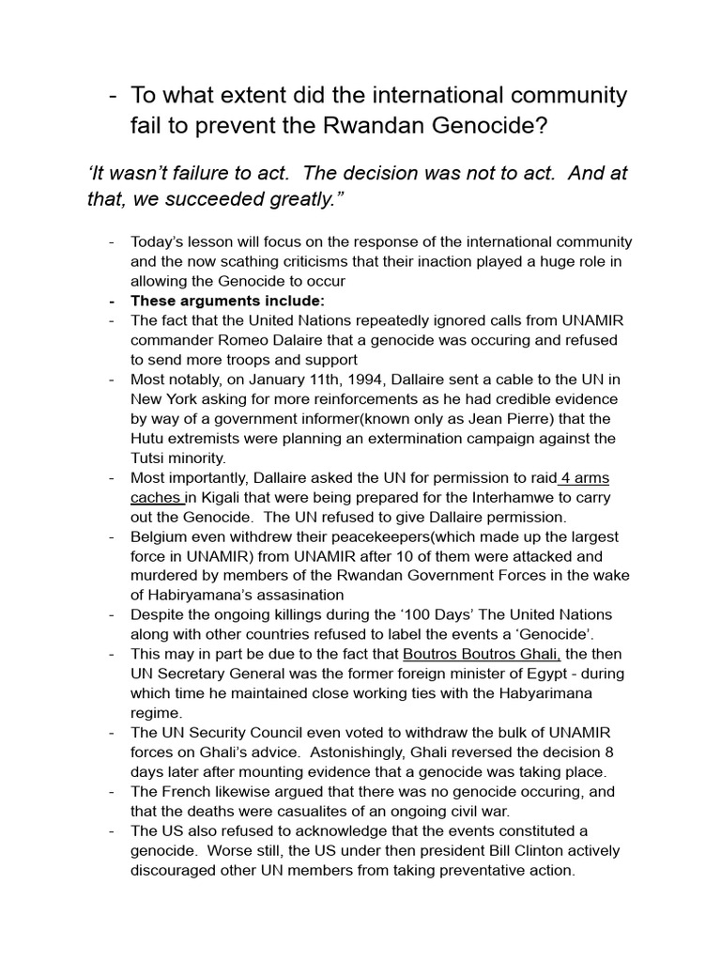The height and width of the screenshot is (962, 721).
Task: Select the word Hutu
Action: point(147,438)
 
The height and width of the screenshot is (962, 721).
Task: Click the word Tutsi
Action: point(150,458)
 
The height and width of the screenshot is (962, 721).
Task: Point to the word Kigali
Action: point(229,497)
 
